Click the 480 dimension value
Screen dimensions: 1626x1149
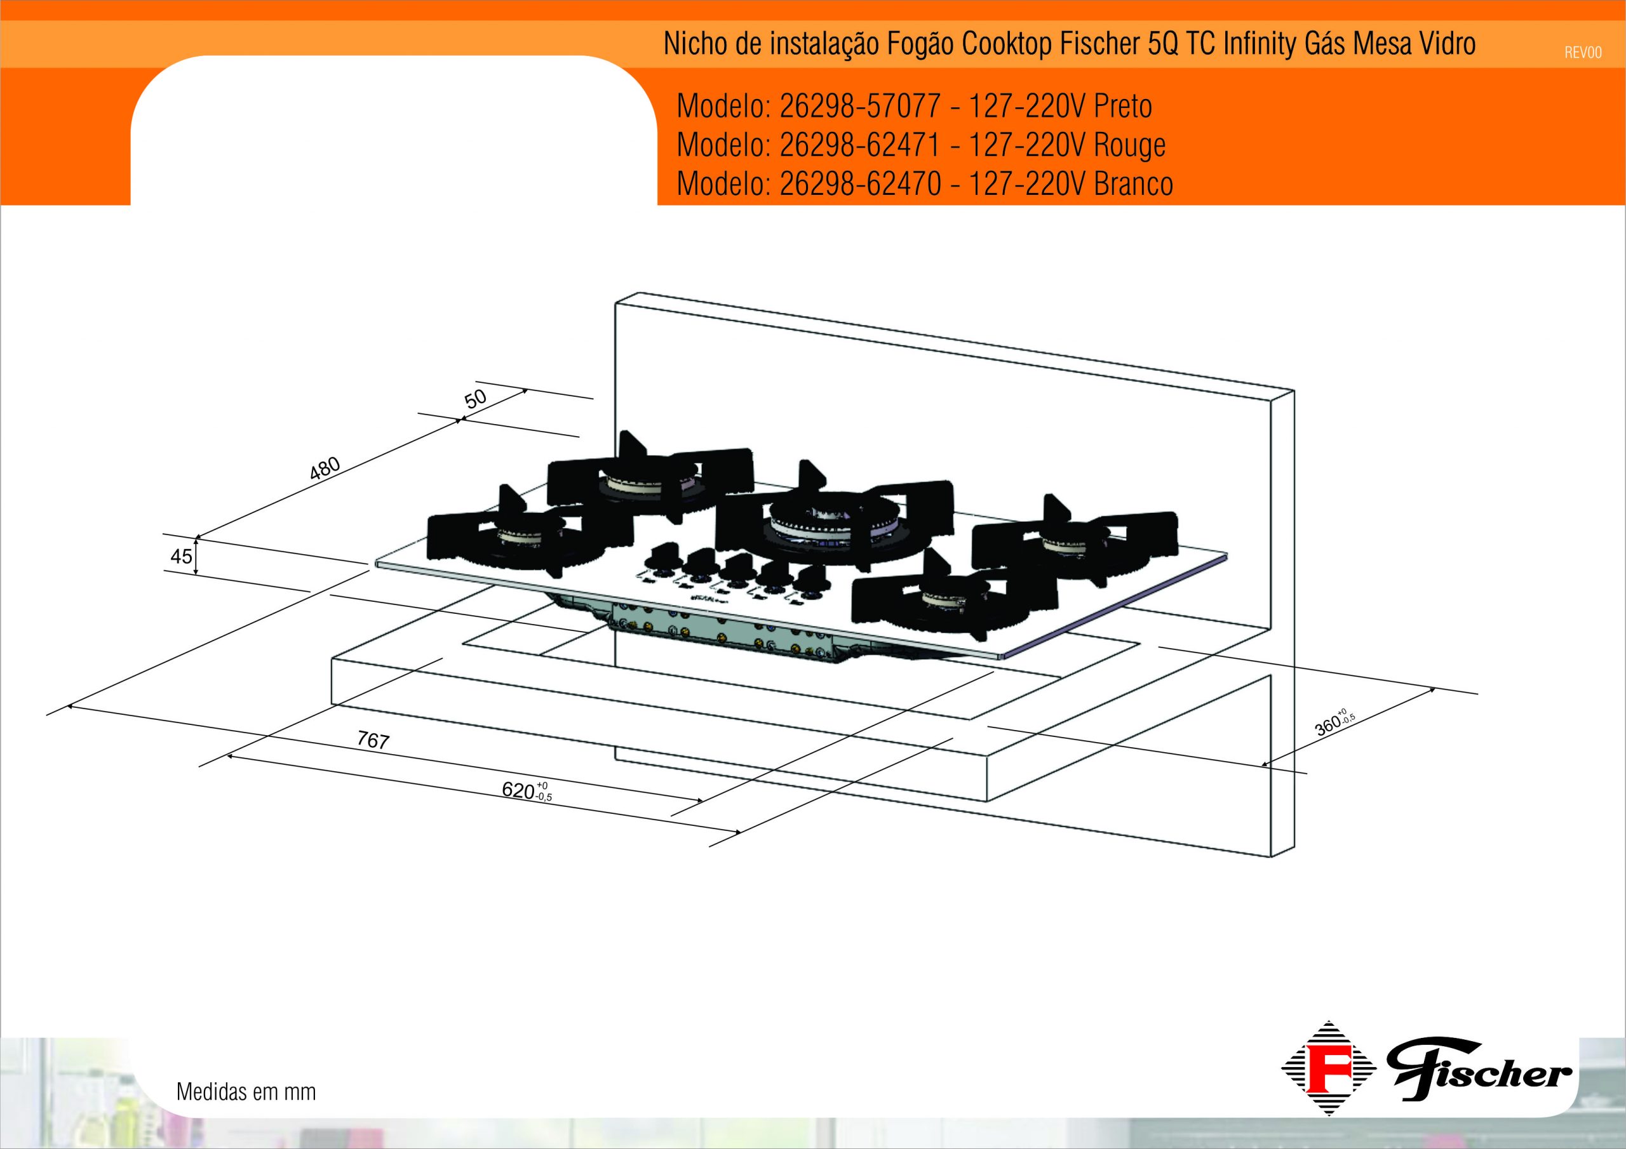326,468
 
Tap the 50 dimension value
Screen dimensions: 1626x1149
476,399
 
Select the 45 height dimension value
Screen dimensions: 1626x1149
181,557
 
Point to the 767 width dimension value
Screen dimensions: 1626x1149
373,741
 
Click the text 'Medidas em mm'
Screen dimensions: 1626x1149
246,1092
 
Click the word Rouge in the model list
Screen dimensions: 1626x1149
1129,145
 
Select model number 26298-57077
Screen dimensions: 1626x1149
860,107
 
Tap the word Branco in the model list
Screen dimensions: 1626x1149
1133,184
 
